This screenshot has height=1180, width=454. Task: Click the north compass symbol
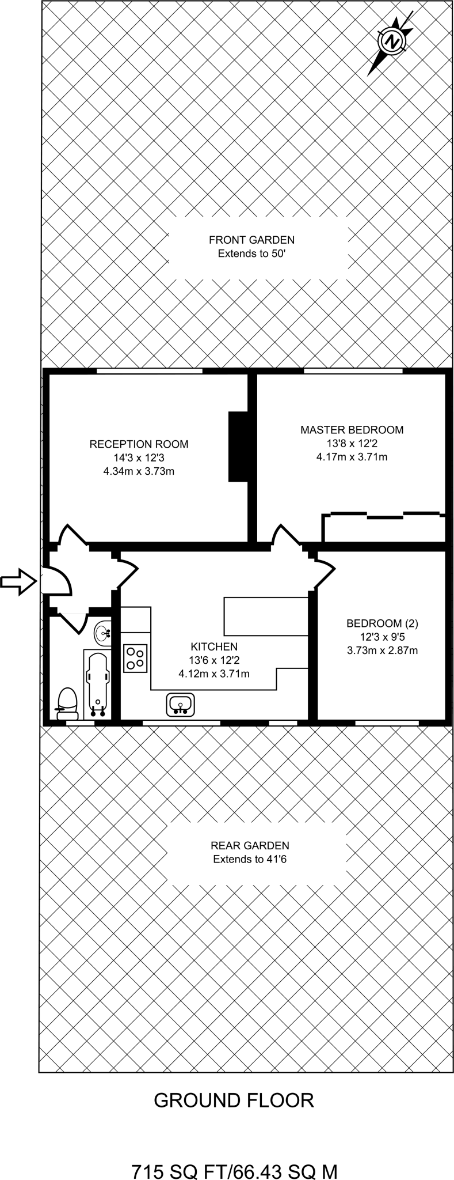pos(392,42)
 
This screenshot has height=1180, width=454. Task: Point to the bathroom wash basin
pos(104,633)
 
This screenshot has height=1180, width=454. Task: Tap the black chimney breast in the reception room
pos(238,447)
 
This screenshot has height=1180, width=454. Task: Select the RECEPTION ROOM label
pos(139,444)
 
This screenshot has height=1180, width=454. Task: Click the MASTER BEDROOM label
pos(352,430)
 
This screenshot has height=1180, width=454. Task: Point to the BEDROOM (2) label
pos(382,623)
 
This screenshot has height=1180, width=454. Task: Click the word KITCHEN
pos(214,646)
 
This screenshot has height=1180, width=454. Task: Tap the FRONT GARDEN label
pos(251,240)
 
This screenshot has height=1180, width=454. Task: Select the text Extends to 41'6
pos(250,860)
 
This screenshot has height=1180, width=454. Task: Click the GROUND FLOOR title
pos(234,1100)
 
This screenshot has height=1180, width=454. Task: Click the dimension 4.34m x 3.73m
pos(139,471)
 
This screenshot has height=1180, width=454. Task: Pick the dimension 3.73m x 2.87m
pos(382,650)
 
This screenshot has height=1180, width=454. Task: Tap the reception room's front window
pos(150,371)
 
